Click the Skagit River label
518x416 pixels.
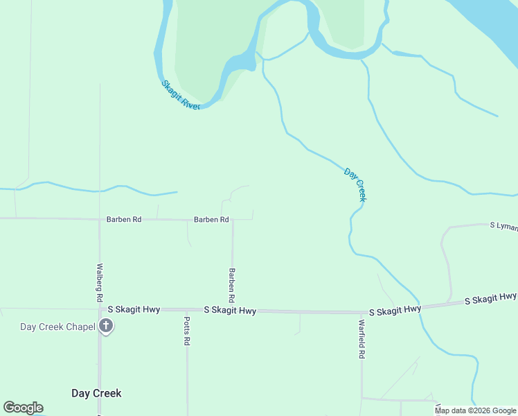(181, 95)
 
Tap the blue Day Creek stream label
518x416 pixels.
(355, 184)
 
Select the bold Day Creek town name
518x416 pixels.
(96, 393)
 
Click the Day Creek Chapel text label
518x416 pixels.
(57, 327)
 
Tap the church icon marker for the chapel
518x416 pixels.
(106, 327)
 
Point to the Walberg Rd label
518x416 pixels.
(100, 281)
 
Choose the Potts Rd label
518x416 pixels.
(186, 331)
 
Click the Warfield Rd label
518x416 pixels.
(361, 338)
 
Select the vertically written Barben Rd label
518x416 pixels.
(232, 285)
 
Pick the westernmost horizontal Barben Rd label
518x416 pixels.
(124, 219)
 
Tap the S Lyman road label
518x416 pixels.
(503, 226)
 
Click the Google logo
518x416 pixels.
(23, 408)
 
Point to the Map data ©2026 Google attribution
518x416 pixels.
(475, 410)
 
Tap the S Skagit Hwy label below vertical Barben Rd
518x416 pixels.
(230, 311)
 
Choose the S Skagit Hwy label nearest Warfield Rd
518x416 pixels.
(395, 310)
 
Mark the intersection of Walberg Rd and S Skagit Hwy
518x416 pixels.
(100, 309)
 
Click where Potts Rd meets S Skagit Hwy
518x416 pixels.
(186, 310)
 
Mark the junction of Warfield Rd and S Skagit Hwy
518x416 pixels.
(361, 313)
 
